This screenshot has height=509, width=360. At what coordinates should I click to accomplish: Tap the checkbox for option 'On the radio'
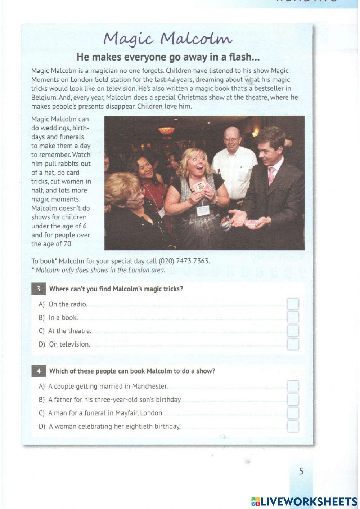(x=293, y=304)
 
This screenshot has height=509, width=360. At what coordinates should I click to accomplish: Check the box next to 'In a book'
(x=293, y=317)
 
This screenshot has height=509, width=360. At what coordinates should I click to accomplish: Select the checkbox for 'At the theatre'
(x=293, y=331)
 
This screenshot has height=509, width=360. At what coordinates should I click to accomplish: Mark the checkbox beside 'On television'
(x=293, y=344)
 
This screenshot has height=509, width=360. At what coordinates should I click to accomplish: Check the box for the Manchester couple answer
(x=293, y=386)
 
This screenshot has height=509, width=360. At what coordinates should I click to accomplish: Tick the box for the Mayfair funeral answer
(x=293, y=413)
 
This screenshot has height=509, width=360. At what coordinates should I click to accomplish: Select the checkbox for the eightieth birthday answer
(x=293, y=427)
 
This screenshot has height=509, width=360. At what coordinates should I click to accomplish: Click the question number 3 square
(x=38, y=289)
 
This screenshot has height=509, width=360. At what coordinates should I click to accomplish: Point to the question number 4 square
(x=38, y=371)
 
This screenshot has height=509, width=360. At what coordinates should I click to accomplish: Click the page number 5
(x=301, y=471)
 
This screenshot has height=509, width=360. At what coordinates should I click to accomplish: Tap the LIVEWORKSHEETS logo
(x=304, y=501)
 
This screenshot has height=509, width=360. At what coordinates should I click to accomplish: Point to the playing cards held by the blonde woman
(x=198, y=186)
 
